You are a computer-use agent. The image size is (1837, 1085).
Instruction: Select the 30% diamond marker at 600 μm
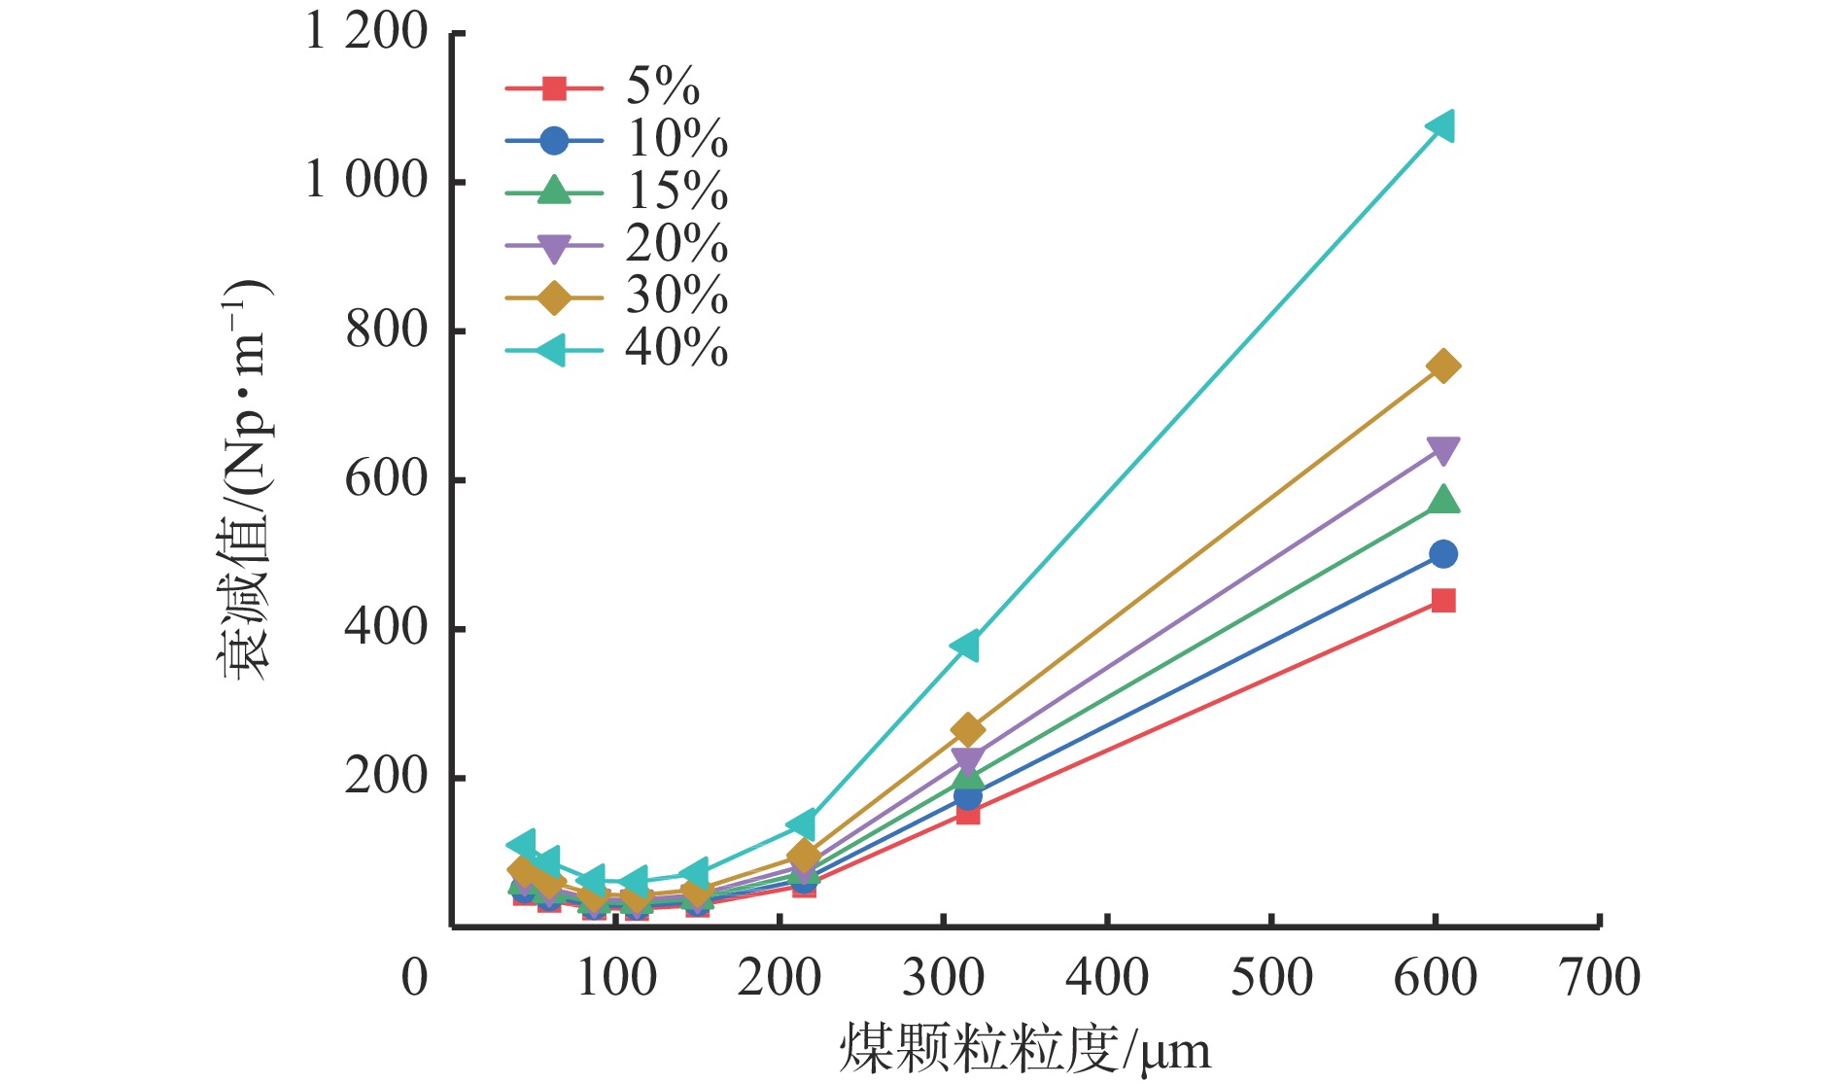coord(1443,367)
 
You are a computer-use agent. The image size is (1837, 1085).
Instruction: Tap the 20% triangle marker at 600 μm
coord(1443,450)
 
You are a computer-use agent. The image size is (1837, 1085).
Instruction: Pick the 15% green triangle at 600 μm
coord(1443,500)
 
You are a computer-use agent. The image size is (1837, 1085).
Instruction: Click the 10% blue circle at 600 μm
coord(1443,554)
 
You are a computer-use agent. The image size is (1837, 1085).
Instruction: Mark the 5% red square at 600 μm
coord(1443,601)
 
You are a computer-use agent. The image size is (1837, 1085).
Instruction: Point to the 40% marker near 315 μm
coord(966,645)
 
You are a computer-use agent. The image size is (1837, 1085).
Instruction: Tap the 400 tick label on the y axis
coord(386,628)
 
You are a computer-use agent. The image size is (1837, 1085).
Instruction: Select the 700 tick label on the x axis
coord(1600,978)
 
